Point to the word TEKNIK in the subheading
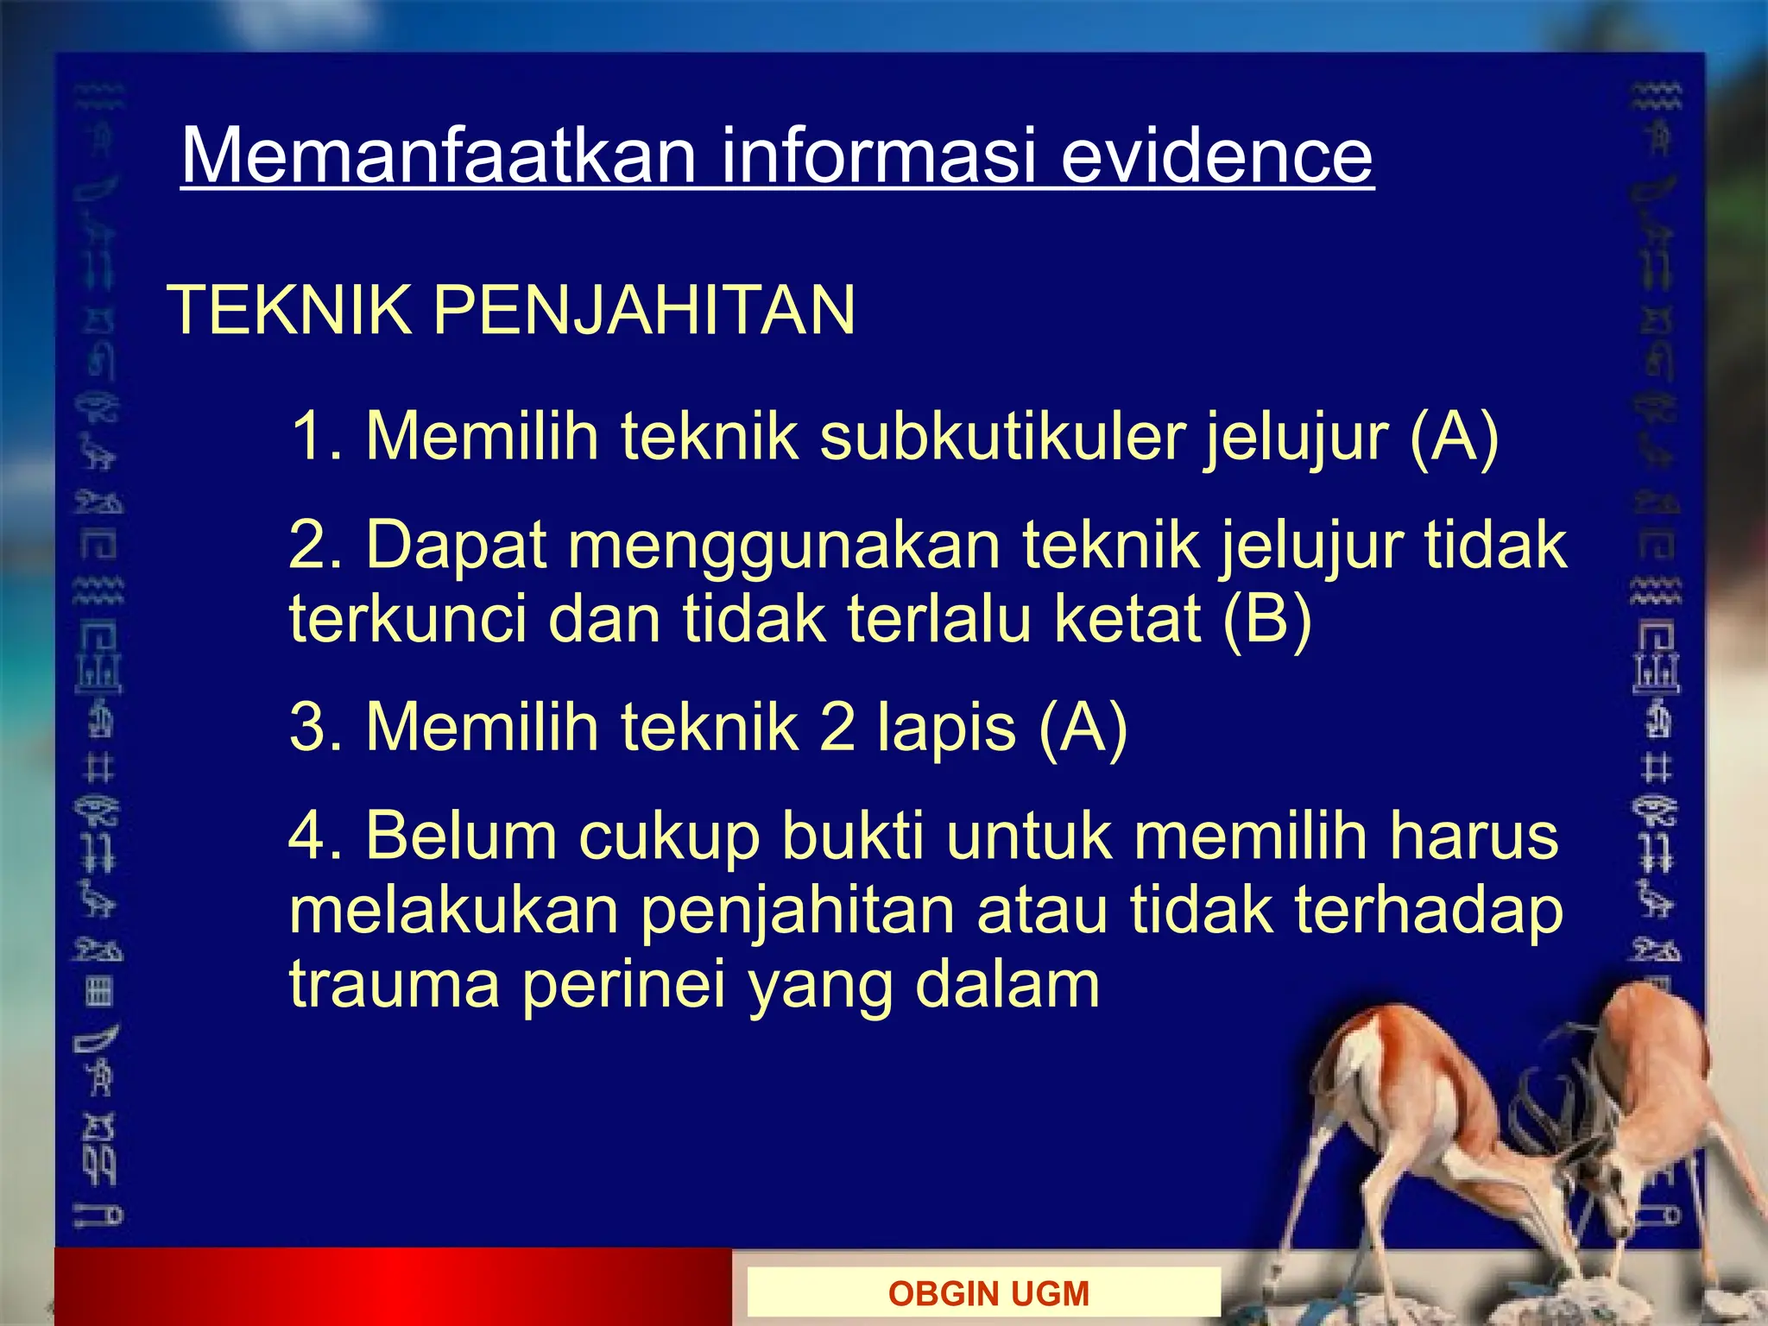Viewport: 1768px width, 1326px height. pyautogui.click(x=291, y=310)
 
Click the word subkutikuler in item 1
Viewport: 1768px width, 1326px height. pyautogui.click(x=1001, y=436)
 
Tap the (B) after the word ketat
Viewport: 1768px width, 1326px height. pyautogui.click(x=1266, y=618)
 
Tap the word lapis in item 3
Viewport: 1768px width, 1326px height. pyautogui.click(x=946, y=727)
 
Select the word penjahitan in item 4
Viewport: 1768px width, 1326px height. pyautogui.click(x=797, y=912)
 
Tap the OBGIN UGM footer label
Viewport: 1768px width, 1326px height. pyautogui.click(x=988, y=1293)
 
